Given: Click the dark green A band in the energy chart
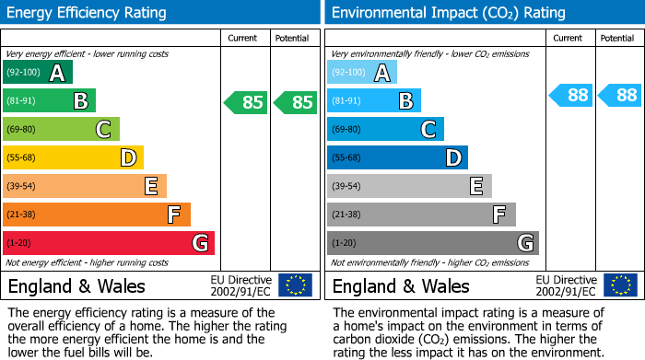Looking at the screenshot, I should click(37, 73).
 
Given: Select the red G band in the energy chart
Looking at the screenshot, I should click(108, 243).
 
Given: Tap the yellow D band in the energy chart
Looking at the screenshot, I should click(73, 157).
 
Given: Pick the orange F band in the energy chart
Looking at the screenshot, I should click(97, 215).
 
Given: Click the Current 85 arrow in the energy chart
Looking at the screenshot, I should click(246, 102).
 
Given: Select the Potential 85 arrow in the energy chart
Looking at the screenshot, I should click(296, 102).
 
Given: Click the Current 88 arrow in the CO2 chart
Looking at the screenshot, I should click(571, 95).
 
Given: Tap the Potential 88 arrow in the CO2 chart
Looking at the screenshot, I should click(620, 95).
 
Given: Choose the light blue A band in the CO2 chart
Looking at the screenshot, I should click(362, 73).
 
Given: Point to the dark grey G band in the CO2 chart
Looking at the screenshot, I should click(432, 243).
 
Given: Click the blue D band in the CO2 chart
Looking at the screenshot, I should click(397, 157).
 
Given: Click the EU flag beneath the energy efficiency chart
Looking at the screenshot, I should click(296, 285).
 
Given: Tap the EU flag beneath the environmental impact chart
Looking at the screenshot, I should click(620, 285).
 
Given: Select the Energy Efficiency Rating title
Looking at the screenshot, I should click(87, 13).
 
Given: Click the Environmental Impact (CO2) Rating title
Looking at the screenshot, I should click(448, 13).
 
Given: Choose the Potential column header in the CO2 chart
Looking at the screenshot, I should click(617, 38).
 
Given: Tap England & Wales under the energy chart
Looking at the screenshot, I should click(76, 286).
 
